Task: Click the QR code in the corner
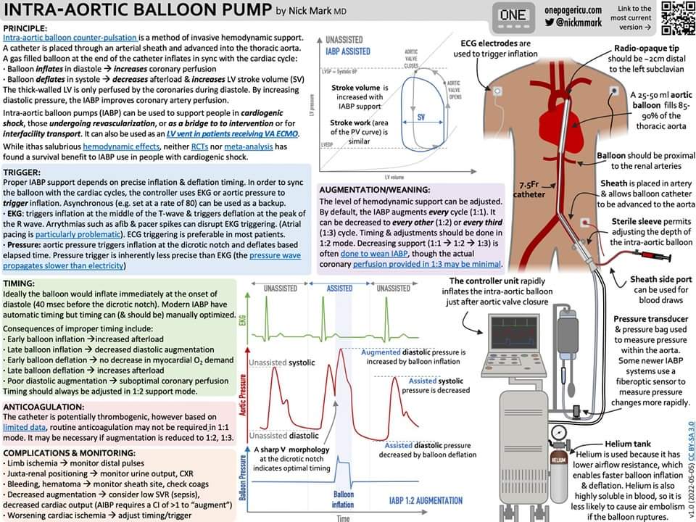click(x=674, y=18)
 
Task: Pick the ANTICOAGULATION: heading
click(x=43, y=407)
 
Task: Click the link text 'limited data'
click(x=28, y=427)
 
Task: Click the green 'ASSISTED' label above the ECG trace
click(x=340, y=288)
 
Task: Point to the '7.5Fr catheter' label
click(x=523, y=189)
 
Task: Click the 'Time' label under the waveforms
click(x=343, y=518)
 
